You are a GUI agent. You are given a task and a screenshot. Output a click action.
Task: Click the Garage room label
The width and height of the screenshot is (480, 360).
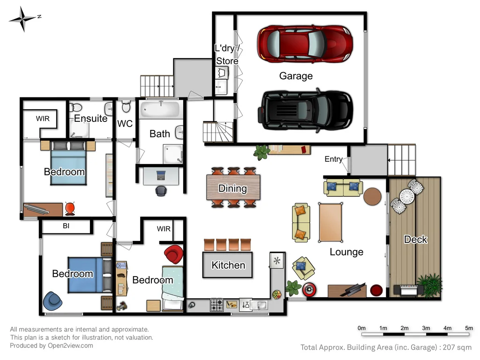pyautogui.click(x=296, y=76)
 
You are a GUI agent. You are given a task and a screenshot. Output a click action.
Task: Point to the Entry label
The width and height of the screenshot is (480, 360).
pyautogui.click(x=333, y=159)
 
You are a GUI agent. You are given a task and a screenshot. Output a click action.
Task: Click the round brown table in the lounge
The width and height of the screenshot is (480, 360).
pyautogui.click(x=373, y=196)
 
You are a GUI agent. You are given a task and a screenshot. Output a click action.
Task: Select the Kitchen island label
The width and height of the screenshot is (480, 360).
pyautogui.click(x=228, y=265)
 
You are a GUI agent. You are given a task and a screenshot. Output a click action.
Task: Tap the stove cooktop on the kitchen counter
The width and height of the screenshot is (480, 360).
pyautogui.click(x=217, y=305)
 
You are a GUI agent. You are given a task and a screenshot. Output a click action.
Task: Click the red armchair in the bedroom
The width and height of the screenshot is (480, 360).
pyautogui.click(x=174, y=255)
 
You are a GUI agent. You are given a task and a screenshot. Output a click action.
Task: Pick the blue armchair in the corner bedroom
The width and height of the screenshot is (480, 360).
pyautogui.click(x=52, y=301)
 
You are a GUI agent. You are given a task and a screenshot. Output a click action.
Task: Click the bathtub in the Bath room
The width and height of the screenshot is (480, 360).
pyautogui.click(x=160, y=111)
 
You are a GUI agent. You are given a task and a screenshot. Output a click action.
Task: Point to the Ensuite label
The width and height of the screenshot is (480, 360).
pyautogui.click(x=90, y=119)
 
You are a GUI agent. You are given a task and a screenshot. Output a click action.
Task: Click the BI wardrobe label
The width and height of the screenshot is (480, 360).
pyautogui.click(x=66, y=226)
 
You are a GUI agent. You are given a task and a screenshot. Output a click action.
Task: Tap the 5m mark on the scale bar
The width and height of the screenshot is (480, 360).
pyautogui.click(x=469, y=328)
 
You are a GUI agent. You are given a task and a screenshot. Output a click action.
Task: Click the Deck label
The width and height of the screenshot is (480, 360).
pyautogui.click(x=415, y=240)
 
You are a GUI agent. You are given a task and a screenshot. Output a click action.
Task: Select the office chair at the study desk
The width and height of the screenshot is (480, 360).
pyautogui.click(x=161, y=191)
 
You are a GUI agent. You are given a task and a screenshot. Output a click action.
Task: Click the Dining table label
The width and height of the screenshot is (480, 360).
pyautogui.click(x=232, y=188)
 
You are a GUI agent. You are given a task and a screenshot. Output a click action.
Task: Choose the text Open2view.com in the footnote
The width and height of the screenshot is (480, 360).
pyautogui.click(x=71, y=345)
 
